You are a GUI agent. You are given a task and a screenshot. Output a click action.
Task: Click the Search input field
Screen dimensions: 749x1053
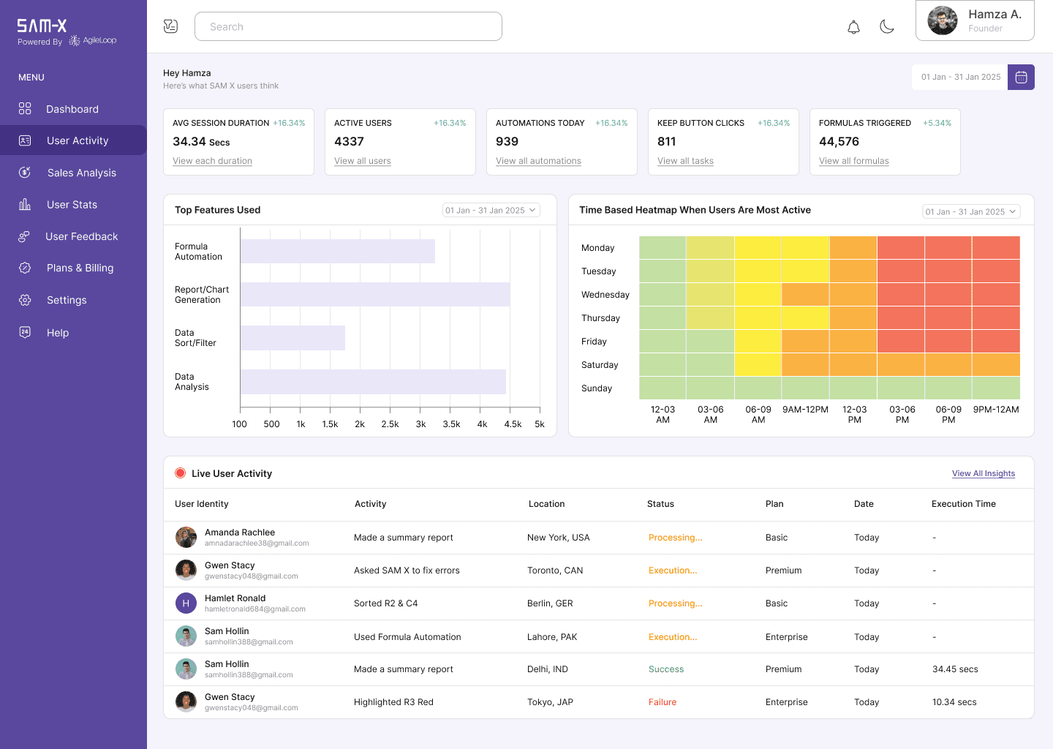[x=348, y=27]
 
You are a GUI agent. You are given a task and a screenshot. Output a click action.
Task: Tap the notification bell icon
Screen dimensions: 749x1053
[x=853, y=28]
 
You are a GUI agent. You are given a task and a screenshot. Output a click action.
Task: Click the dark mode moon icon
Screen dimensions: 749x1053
[x=887, y=27]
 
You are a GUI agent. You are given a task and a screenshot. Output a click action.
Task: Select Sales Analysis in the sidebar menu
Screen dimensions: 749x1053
[x=81, y=173]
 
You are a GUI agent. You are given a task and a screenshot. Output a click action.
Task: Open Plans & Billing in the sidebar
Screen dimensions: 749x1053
[x=80, y=268]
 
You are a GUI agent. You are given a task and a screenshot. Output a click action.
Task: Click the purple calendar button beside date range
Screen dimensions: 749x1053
[x=1021, y=77]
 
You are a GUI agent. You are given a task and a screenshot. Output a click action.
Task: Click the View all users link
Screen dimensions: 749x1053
[x=363, y=161]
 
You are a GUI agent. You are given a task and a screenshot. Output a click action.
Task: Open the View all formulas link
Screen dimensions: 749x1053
[x=853, y=161]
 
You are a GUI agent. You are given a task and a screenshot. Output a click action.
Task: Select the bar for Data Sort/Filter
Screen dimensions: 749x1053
[x=292, y=338]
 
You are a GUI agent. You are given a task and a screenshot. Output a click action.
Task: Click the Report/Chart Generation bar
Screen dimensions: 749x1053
[x=375, y=294]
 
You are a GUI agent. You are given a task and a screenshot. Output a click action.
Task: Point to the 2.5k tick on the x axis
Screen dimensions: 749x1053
[x=390, y=424]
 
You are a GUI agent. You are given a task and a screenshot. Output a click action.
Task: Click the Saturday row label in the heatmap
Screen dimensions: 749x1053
[x=600, y=365]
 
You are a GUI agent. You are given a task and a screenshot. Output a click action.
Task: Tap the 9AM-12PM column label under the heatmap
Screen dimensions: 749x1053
[x=805, y=410]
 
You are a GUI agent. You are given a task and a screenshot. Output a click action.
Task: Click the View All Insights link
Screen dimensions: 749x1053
[x=983, y=474]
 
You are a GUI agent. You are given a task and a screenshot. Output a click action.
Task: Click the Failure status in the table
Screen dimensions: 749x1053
[x=663, y=702]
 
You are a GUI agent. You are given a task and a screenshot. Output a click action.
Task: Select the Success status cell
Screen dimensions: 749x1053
[x=666, y=669]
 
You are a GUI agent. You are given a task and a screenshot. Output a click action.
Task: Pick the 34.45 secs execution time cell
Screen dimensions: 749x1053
[x=955, y=669]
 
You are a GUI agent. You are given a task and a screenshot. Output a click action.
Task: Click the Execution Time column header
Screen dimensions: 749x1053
[x=963, y=504]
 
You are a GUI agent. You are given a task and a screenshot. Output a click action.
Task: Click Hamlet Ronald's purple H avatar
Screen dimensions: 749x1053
[x=186, y=603]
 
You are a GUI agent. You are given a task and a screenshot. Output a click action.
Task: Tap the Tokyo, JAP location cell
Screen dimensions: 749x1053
[x=550, y=702]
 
